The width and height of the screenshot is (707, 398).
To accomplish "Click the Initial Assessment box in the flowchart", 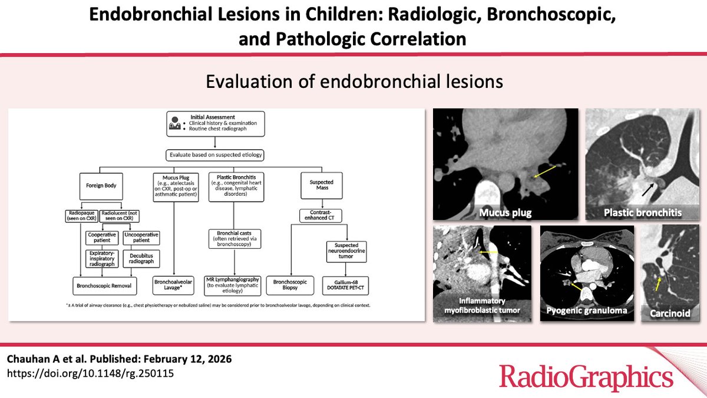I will coord(217,123).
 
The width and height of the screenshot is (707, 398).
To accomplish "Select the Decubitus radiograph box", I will coord(142,257).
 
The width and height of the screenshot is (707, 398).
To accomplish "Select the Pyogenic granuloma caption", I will coord(586,310).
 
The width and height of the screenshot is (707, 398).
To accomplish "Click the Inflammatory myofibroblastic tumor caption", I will coord(482,305).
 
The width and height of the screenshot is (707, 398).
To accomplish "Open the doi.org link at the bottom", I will coord(90,373).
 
